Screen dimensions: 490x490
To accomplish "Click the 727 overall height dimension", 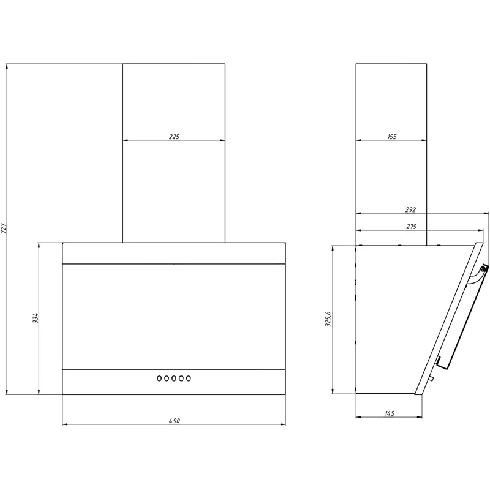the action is [x=4, y=228].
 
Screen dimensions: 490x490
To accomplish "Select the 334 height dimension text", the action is [x=36, y=318].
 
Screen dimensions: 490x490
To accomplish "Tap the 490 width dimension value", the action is [x=175, y=421].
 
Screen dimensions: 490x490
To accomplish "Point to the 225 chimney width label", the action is [x=174, y=137].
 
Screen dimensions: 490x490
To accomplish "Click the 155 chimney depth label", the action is [x=392, y=137].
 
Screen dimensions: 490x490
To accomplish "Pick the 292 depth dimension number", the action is [x=410, y=209].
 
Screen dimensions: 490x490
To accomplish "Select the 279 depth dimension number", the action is [x=411, y=227].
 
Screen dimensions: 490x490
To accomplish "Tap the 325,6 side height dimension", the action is [x=328, y=319].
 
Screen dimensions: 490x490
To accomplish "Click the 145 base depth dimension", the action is [x=390, y=413].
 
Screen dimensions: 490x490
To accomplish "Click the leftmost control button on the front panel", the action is [x=159, y=379].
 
